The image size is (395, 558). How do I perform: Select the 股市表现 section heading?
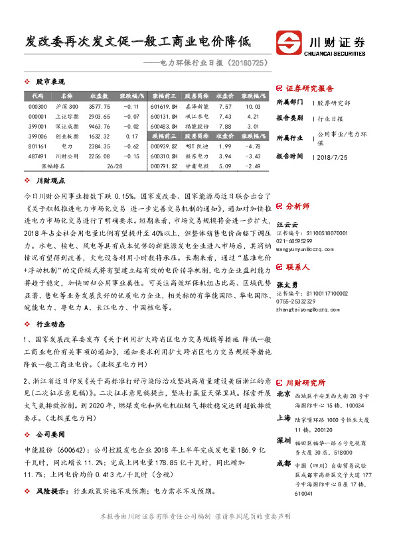click(x=50, y=82)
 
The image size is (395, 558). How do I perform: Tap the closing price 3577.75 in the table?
click(x=99, y=106)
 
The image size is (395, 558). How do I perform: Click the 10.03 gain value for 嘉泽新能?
click(x=252, y=106)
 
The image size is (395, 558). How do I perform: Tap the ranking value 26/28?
click(x=115, y=166)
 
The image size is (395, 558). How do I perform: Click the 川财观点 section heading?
click(x=50, y=180)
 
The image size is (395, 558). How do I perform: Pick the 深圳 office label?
click(x=283, y=440)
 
